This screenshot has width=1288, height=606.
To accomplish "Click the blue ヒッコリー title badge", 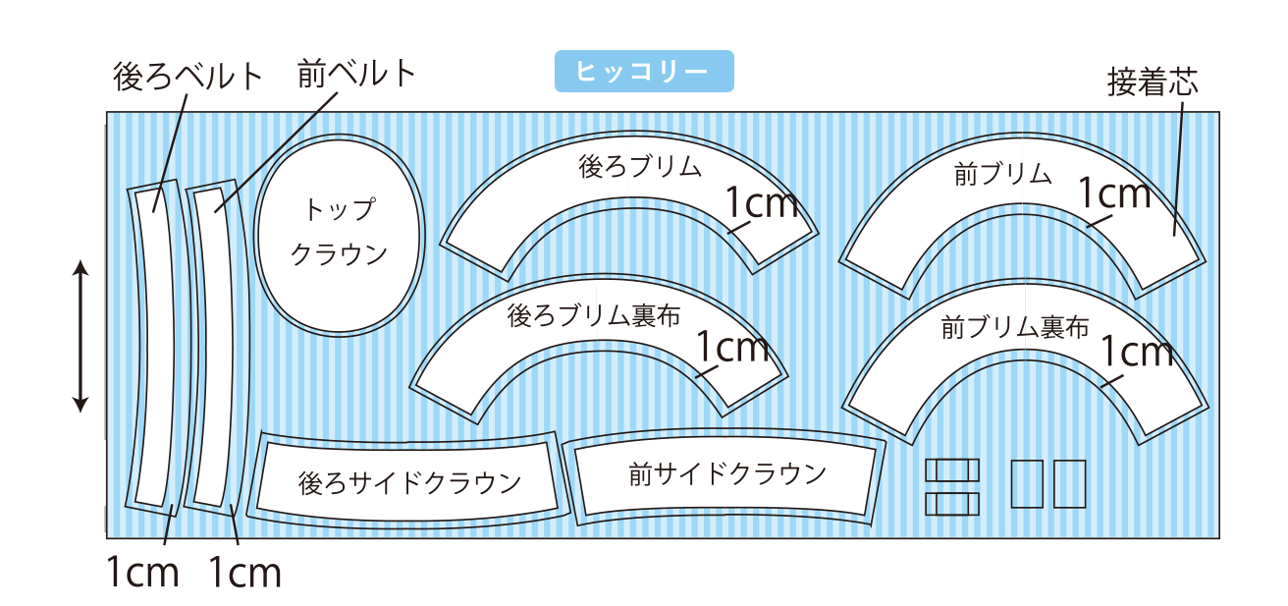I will tap(644, 72).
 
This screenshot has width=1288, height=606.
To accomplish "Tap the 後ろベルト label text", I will tap(188, 77).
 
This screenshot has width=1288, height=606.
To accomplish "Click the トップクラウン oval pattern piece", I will tap(338, 233).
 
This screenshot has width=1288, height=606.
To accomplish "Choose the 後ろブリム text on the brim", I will tap(640, 167).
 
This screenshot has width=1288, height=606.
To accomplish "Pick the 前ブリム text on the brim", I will tap(1002, 175).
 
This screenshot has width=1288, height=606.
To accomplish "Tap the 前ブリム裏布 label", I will tap(1015, 327).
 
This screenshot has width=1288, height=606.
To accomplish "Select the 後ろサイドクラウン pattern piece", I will tap(409, 481).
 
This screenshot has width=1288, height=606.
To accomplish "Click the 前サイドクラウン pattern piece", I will tap(727, 475).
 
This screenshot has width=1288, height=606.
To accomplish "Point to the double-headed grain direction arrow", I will tap(81, 336).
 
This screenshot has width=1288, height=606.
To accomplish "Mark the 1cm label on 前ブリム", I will tap(1114, 194).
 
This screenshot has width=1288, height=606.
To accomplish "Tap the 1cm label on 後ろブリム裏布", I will tap(732, 346).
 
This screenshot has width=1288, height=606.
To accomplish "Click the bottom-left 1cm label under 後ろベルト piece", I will tap(142, 572).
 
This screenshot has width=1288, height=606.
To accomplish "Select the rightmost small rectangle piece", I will tap(1070, 483).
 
